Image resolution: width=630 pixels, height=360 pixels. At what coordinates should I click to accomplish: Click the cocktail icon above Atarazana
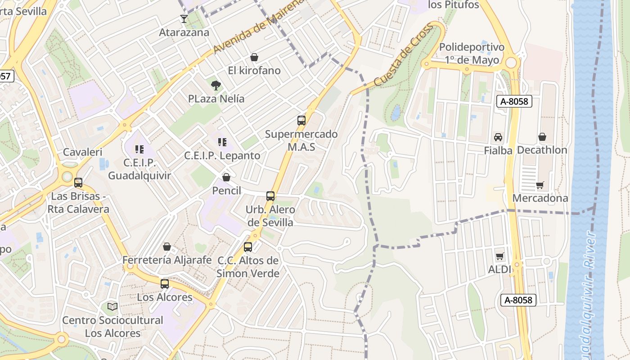184,18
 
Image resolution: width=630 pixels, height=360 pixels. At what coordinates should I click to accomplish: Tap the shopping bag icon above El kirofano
254,57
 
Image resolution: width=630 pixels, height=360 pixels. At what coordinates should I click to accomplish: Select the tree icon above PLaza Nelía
216,85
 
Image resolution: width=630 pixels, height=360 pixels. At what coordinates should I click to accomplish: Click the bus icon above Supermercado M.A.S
301,121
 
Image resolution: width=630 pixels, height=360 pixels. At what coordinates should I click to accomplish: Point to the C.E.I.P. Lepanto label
222,156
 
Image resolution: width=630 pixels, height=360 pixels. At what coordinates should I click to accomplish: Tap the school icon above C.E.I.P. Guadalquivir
139,149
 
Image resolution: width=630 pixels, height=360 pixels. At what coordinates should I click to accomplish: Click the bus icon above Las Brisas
78,183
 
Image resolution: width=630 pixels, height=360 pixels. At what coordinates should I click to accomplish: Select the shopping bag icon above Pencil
226,177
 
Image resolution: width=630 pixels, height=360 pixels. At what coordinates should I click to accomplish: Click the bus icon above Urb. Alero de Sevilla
270,196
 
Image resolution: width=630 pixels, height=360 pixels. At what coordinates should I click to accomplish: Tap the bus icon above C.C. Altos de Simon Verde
248,247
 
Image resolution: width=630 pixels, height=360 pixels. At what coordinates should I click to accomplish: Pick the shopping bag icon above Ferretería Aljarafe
167,247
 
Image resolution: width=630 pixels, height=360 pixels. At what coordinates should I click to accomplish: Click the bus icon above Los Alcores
165,284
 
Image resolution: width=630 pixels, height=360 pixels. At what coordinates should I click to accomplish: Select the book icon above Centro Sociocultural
112,307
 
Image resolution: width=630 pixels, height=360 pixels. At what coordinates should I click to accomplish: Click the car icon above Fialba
498,137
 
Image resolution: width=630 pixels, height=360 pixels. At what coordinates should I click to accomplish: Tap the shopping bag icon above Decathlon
542,137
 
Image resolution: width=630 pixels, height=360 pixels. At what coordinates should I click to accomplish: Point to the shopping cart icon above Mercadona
540,185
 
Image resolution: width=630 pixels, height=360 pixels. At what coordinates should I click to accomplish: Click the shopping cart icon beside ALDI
499,256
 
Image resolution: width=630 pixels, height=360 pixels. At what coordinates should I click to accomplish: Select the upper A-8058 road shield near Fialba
514,101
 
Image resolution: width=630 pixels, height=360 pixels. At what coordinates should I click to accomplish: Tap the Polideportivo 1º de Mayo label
472,54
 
